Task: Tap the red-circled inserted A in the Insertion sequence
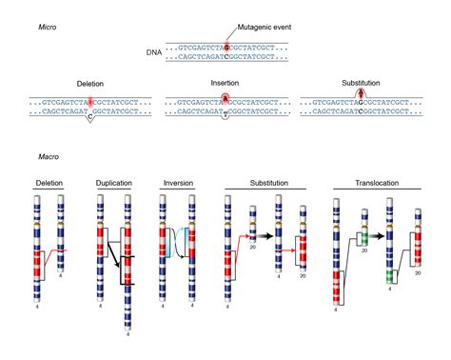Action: point(224,97)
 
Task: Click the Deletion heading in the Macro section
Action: point(49,182)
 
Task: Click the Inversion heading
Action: point(176,182)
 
